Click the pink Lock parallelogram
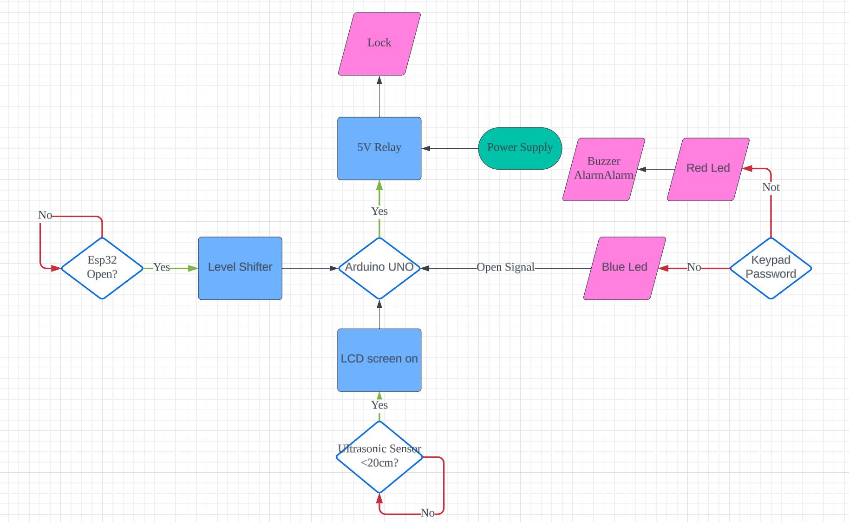pos(379,44)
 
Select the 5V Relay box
pos(379,148)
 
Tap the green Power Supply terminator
pos(520,148)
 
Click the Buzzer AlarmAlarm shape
pos(603,169)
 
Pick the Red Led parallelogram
pos(708,169)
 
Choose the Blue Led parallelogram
pos(624,268)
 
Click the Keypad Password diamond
pos(771,268)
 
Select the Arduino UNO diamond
pos(379,268)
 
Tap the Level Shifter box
pos(240,268)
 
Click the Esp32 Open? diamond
pos(102,268)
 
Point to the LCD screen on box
pos(379,360)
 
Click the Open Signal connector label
pos(505,267)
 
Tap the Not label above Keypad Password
pos(771,187)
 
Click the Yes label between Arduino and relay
pos(379,211)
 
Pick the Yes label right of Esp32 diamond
pos(162,267)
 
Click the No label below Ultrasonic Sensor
pos(427,513)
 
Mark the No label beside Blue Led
pos(694,267)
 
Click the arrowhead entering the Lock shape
pos(379,80)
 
